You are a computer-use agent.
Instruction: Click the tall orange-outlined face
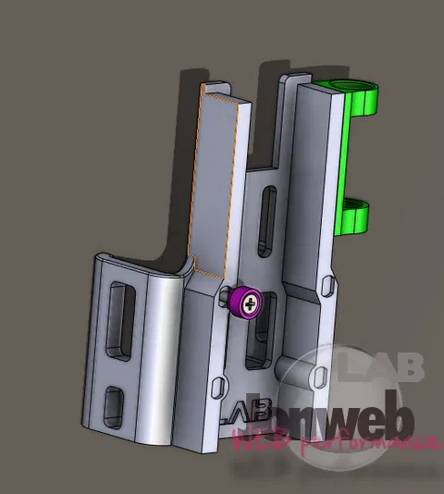[220, 185]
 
